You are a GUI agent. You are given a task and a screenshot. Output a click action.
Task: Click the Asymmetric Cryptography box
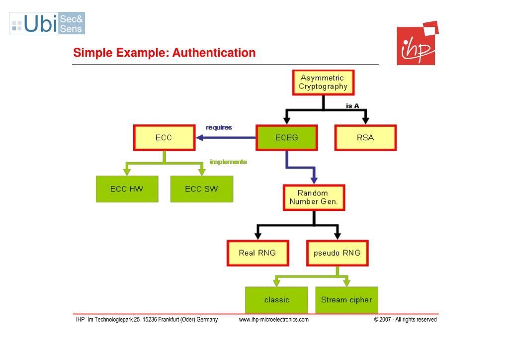[x=323, y=83]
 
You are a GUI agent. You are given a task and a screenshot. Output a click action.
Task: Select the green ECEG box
[x=286, y=138]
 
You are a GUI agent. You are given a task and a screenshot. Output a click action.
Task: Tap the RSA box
[x=365, y=138]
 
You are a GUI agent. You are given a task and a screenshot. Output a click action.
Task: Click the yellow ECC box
[x=164, y=138]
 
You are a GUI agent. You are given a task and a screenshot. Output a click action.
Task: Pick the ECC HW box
[x=127, y=189]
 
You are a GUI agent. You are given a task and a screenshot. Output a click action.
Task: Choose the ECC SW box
[x=201, y=189]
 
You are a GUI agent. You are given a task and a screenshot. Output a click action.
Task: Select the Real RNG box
[x=257, y=253]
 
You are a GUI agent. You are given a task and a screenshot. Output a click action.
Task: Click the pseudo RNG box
[x=337, y=253]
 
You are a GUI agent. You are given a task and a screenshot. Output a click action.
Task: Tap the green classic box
[x=277, y=300]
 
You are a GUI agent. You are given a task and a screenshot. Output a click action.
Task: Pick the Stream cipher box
[x=346, y=300]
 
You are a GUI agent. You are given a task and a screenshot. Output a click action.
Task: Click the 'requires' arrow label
[x=219, y=127]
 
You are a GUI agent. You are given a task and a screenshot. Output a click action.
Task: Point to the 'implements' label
[x=228, y=162]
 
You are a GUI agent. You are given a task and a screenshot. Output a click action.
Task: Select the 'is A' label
[x=352, y=106]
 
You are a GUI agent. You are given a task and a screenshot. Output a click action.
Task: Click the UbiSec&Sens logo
[x=47, y=23]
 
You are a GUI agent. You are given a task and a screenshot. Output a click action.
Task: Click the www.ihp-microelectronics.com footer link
[x=274, y=320]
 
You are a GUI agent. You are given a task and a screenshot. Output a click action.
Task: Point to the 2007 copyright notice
[x=405, y=320]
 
